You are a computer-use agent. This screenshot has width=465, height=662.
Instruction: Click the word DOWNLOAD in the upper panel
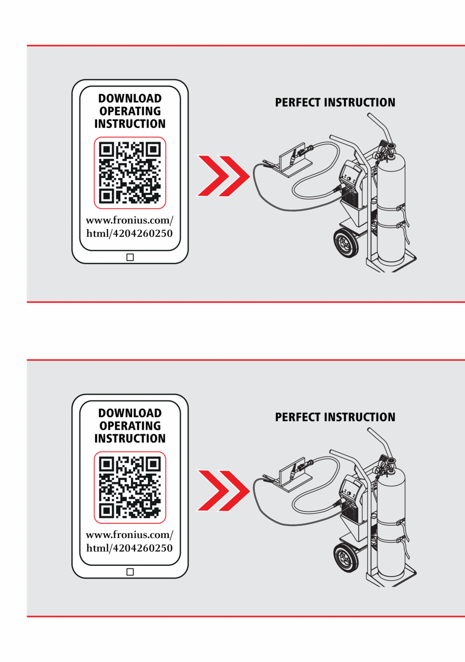[x=130, y=98]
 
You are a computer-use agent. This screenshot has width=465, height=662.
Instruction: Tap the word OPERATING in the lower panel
[x=130, y=426]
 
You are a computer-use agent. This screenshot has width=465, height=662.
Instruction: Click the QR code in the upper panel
[x=130, y=173]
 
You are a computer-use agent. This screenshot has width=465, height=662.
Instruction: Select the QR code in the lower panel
[x=130, y=487]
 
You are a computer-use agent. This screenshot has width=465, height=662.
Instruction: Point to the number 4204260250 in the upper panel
[x=143, y=233]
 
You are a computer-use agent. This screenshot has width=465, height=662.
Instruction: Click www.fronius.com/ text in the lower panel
[x=130, y=535]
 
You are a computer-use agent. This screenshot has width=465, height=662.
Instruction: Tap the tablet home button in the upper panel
[x=130, y=257]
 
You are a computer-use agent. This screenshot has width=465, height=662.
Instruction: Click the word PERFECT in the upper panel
[x=298, y=103]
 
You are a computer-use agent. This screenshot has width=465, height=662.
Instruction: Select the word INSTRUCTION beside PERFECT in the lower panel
[x=360, y=418]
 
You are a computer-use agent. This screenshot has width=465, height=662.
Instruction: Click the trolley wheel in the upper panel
[x=346, y=243]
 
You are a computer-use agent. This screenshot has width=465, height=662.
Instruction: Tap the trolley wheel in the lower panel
[x=346, y=558]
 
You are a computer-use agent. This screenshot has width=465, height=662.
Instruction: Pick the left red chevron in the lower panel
[x=214, y=490]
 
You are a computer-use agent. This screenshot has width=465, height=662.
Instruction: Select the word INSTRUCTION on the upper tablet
[x=130, y=124]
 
